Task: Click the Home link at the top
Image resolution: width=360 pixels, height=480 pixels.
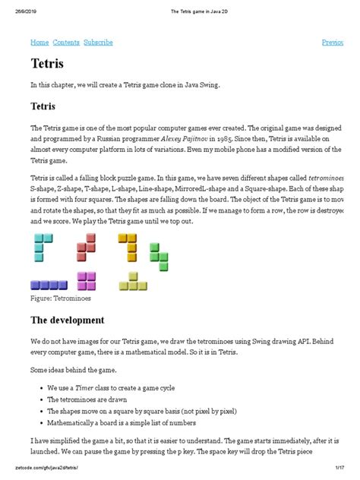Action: (x=39, y=43)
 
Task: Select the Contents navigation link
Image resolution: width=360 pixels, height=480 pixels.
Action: (x=66, y=43)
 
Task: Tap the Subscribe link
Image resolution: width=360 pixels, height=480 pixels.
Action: (x=99, y=43)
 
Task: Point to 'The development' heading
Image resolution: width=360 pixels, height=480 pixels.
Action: (x=67, y=320)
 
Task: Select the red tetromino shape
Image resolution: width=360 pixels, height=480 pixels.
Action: (x=87, y=246)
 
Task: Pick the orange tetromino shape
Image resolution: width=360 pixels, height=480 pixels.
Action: (x=129, y=246)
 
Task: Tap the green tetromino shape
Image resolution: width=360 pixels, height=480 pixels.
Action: (x=158, y=256)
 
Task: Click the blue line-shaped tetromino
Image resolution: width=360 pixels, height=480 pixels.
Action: (x=49, y=285)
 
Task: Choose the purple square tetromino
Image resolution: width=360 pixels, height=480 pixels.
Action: (x=87, y=280)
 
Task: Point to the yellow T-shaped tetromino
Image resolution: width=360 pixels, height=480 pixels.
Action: (x=133, y=282)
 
